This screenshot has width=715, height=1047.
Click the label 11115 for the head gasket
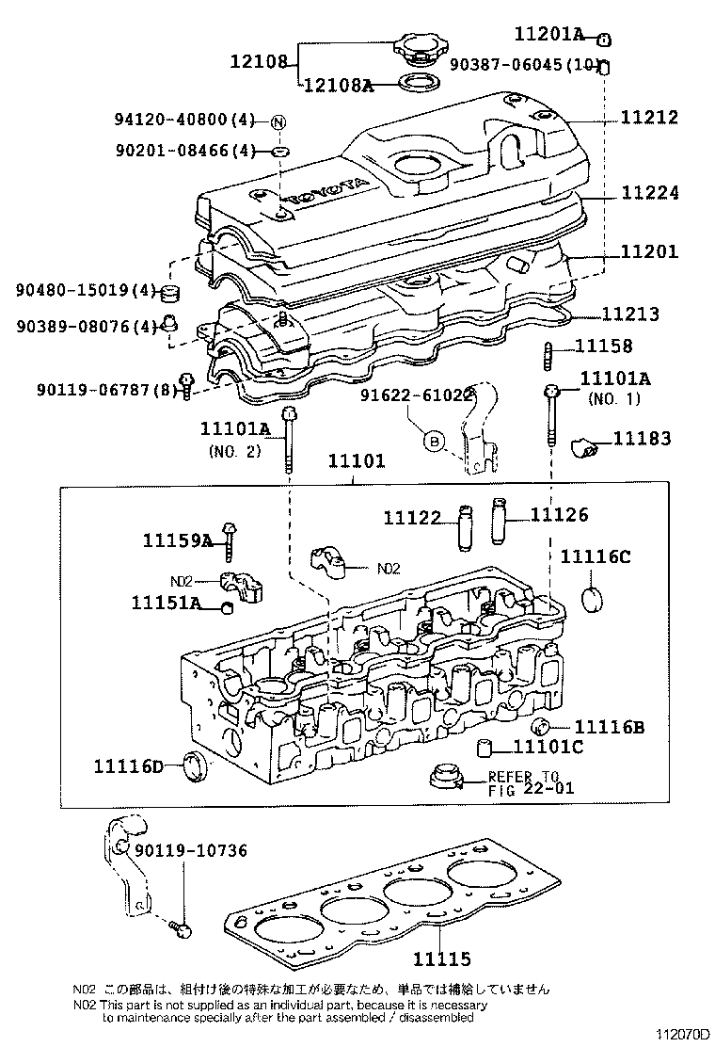(x=440, y=958)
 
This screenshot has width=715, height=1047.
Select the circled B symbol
(x=434, y=440)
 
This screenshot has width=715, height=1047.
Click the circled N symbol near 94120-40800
(x=278, y=121)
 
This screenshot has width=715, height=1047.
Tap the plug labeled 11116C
(x=593, y=599)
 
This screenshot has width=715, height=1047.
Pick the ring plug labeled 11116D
(x=195, y=767)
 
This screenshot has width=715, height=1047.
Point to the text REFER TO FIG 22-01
(x=530, y=782)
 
